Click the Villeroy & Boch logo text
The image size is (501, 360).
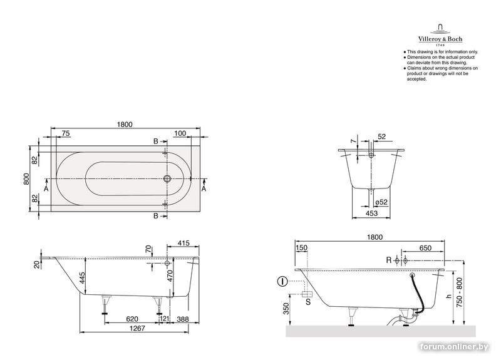(440, 39)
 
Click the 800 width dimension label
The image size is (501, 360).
(26, 178)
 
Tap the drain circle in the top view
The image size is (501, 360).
(167, 178)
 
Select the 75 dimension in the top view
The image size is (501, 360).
(66, 133)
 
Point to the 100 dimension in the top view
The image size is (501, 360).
(180, 133)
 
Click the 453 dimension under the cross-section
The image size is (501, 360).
(371, 213)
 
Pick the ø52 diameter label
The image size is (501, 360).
(381, 202)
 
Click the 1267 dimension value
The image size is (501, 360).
(137, 328)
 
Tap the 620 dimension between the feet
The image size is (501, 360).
(132, 319)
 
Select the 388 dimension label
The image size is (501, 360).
(183, 319)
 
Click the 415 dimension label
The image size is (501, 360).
(183, 243)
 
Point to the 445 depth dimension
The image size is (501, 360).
(83, 278)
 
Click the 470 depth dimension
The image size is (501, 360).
(169, 276)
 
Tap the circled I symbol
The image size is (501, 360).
(282, 281)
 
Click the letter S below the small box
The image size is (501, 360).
(308, 302)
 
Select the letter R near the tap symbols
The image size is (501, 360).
(389, 260)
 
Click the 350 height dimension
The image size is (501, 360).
(286, 308)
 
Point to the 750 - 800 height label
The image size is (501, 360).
(459, 292)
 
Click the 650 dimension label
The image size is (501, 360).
(425, 248)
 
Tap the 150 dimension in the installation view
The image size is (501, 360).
(302, 247)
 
